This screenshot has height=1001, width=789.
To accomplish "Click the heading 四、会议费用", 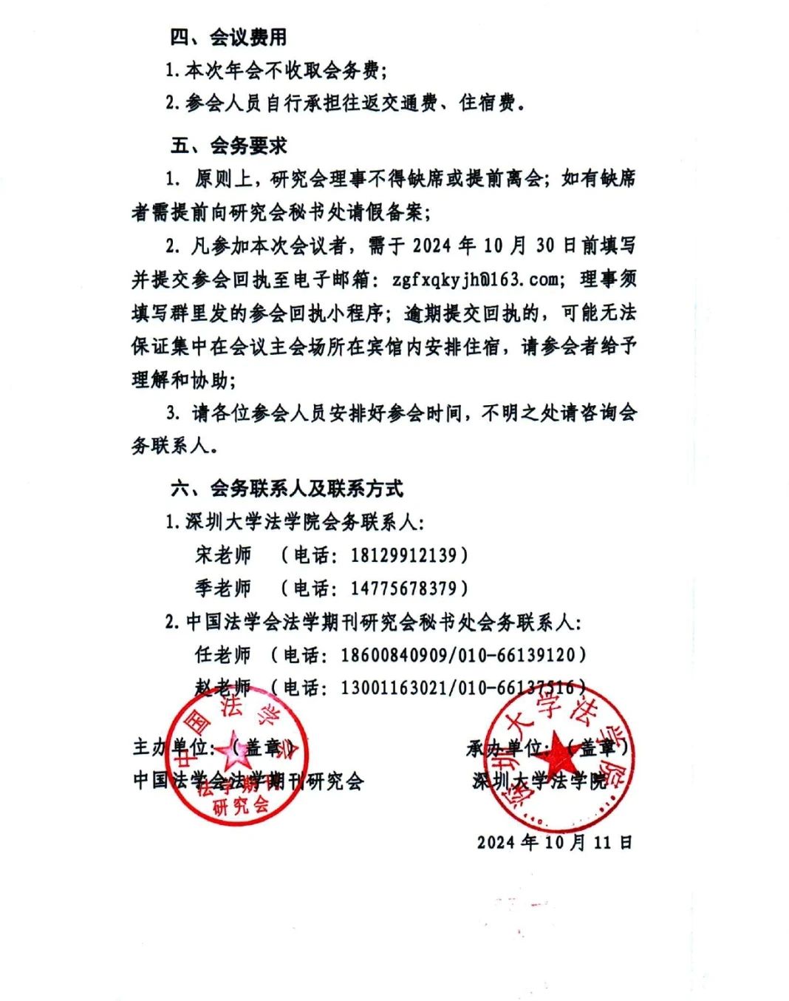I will pyautogui.click(x=228, y=37).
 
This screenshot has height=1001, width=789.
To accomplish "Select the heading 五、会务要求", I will pyautogui.click(x=228, y=146).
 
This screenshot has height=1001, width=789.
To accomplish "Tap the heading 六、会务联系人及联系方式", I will pyautogui.click(x=287, y=488).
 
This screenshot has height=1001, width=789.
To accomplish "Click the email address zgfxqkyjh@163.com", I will pyautogui.click(x=475, y=279).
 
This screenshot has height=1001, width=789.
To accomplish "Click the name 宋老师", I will pyautogui.click(x=223, y=554).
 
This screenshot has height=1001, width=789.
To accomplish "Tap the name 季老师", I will pyautogui.click(x=223, y=588).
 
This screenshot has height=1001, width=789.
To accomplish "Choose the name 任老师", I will pyautogui.click(x=223, y=654).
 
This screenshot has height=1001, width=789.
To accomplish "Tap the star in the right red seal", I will pyautogui.click(x=556, y=756).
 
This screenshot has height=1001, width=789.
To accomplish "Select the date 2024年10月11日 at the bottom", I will pyautogui.click(x=554, y=842).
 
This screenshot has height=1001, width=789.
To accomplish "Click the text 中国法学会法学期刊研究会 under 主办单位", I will pyautogui.click(x=248, y=780).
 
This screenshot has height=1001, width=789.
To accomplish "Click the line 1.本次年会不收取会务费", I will pyautogui.click(x=275, y=70).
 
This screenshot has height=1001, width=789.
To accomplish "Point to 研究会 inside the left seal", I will pyautogui.click(x=241, y=805).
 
